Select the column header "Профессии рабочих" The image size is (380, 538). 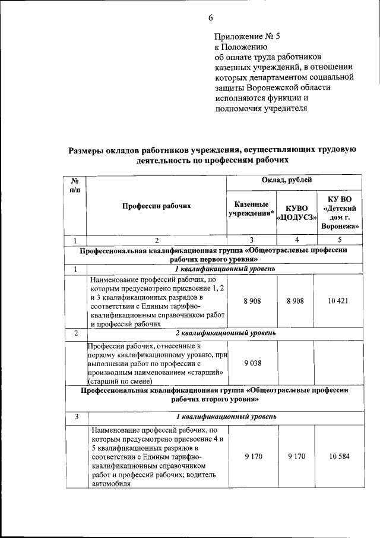pos(157,206)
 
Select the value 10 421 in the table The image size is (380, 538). pos(339,301)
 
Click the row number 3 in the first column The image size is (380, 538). pos(76,417)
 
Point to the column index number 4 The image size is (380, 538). pos(296,240)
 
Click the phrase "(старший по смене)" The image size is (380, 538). pos(119,381)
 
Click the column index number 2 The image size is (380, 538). pos(157,240)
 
